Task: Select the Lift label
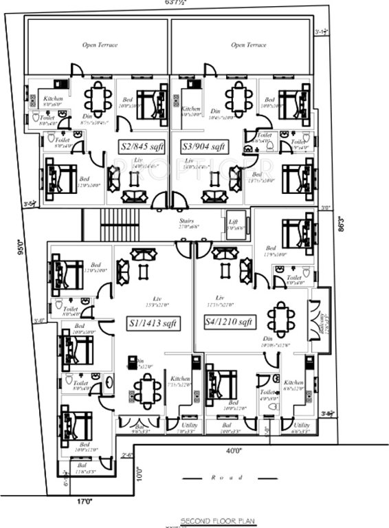tap(233, 221)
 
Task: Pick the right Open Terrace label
tap(248, 45)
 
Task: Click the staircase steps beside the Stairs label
tap(120, 223)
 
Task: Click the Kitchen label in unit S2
tap(53, 99)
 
